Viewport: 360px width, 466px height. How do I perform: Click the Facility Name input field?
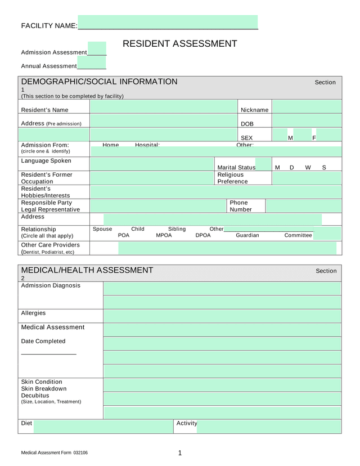point(168,22)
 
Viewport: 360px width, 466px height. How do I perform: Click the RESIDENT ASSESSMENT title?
point(179,44)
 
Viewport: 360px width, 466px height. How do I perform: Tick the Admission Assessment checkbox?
point(97,48)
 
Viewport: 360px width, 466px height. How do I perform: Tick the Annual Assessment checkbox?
point(91,62)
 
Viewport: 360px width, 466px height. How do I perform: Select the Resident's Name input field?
point(163,106)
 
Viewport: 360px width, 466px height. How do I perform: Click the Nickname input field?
point(307,106)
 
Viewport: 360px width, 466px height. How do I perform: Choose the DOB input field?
point(307,120)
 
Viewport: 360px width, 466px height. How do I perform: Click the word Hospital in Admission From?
point(147,145)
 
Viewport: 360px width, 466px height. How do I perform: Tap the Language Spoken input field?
point(152,164)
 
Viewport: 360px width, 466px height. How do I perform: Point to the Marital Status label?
point(236,168)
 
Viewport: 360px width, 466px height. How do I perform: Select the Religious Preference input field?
point(307,178)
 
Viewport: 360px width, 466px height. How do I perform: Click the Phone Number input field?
point(303,206)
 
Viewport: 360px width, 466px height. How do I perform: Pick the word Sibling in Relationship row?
point(177,229)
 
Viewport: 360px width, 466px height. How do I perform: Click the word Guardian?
point(247,235)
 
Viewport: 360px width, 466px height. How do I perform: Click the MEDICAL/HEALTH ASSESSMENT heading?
point(87,270)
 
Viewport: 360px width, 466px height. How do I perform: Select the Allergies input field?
point(222,316)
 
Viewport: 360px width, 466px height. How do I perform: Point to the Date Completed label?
point(43,341)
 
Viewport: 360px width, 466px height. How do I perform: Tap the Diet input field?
point(103,427)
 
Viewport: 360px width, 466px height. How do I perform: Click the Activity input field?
point(269,427)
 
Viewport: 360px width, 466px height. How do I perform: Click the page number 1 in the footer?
point(180,453)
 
